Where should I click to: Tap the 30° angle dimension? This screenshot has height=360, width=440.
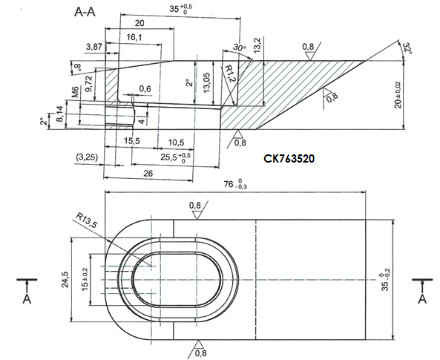238,47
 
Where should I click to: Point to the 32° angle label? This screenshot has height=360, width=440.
406,49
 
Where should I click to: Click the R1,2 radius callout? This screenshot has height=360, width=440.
230,73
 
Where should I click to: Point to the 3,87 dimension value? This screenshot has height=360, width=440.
94,46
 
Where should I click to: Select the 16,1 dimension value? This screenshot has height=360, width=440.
134,36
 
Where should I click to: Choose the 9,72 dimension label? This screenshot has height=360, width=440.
89,83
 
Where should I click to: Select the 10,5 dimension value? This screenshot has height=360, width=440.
175,141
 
